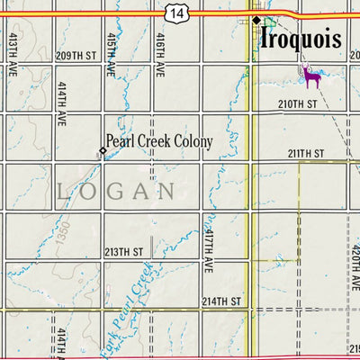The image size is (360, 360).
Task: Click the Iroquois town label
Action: coord(301,40)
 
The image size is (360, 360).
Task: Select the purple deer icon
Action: coord(312,77)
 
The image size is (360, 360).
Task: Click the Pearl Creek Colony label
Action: coord(159,141)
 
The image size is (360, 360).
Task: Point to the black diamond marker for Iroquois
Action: coord(256,20)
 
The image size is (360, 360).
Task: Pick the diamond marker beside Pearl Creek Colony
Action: coord(102,150)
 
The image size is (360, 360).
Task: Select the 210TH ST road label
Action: coord(300,104)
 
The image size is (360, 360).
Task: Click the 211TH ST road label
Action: coord(305,154)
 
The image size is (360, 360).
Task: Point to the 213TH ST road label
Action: coord(124,252)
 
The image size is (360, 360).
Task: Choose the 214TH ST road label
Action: coord(221,301)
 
